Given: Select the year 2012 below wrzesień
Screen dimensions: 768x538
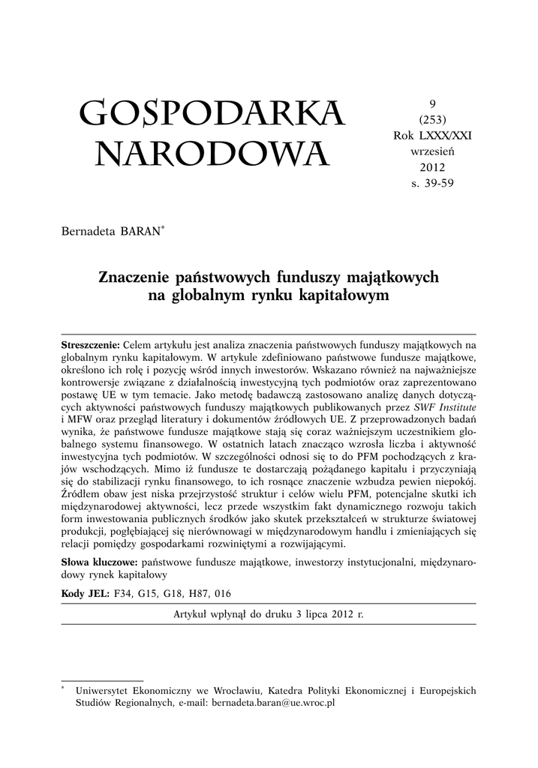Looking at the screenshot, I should pyautogui.click(x=432, y=166).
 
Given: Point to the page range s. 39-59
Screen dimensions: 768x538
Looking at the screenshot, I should pyautogui.click(x=432, y=181).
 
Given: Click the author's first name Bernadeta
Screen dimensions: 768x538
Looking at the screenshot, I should pyautogui.click(x=87, y=229).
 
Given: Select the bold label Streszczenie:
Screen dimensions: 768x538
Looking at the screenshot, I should pyautogui.click(x=89, y=342).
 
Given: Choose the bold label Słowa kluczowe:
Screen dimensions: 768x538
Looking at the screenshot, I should pyautogui.click(x=98, y=561).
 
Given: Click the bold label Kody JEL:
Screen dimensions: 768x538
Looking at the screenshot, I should pyautogui.click(x=84, y=593).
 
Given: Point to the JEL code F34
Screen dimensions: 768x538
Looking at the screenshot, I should pyautogui.click(x=122, y=593).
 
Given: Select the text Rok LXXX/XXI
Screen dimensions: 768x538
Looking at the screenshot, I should pyautogui.click(x=432, y=135).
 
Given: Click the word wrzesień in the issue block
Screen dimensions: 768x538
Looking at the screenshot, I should pyautogui.click(x=432, y=150).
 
